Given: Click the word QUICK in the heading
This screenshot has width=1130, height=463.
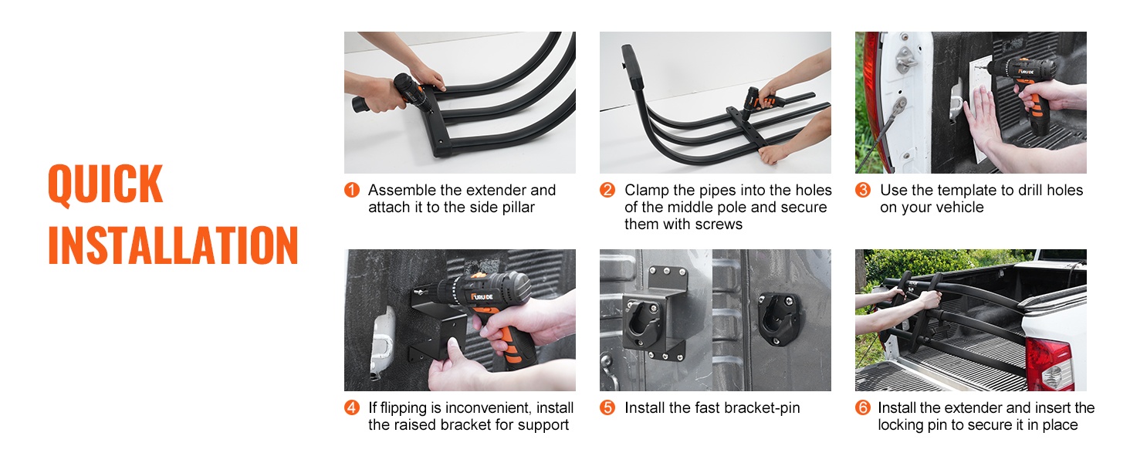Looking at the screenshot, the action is coord(106,184).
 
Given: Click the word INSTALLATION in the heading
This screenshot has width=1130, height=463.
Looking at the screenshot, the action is coord(173,245).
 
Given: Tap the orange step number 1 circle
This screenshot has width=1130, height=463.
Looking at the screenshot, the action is coord(352,190).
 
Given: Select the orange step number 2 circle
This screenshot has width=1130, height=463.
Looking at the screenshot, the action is coord(607,190).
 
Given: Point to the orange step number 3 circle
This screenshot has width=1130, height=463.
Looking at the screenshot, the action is coord(863,190).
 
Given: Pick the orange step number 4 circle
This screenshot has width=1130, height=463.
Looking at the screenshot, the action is coord(352,407).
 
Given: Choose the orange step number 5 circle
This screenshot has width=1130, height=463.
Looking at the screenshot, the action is coord(607,407).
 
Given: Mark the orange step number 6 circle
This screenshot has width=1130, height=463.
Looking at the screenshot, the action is coord(863,407).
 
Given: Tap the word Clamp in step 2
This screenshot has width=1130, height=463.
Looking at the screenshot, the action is coord(646,191).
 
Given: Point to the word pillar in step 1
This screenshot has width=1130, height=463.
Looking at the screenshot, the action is coord(519,208).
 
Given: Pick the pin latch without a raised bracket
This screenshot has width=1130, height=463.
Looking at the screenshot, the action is coord(779,319).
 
